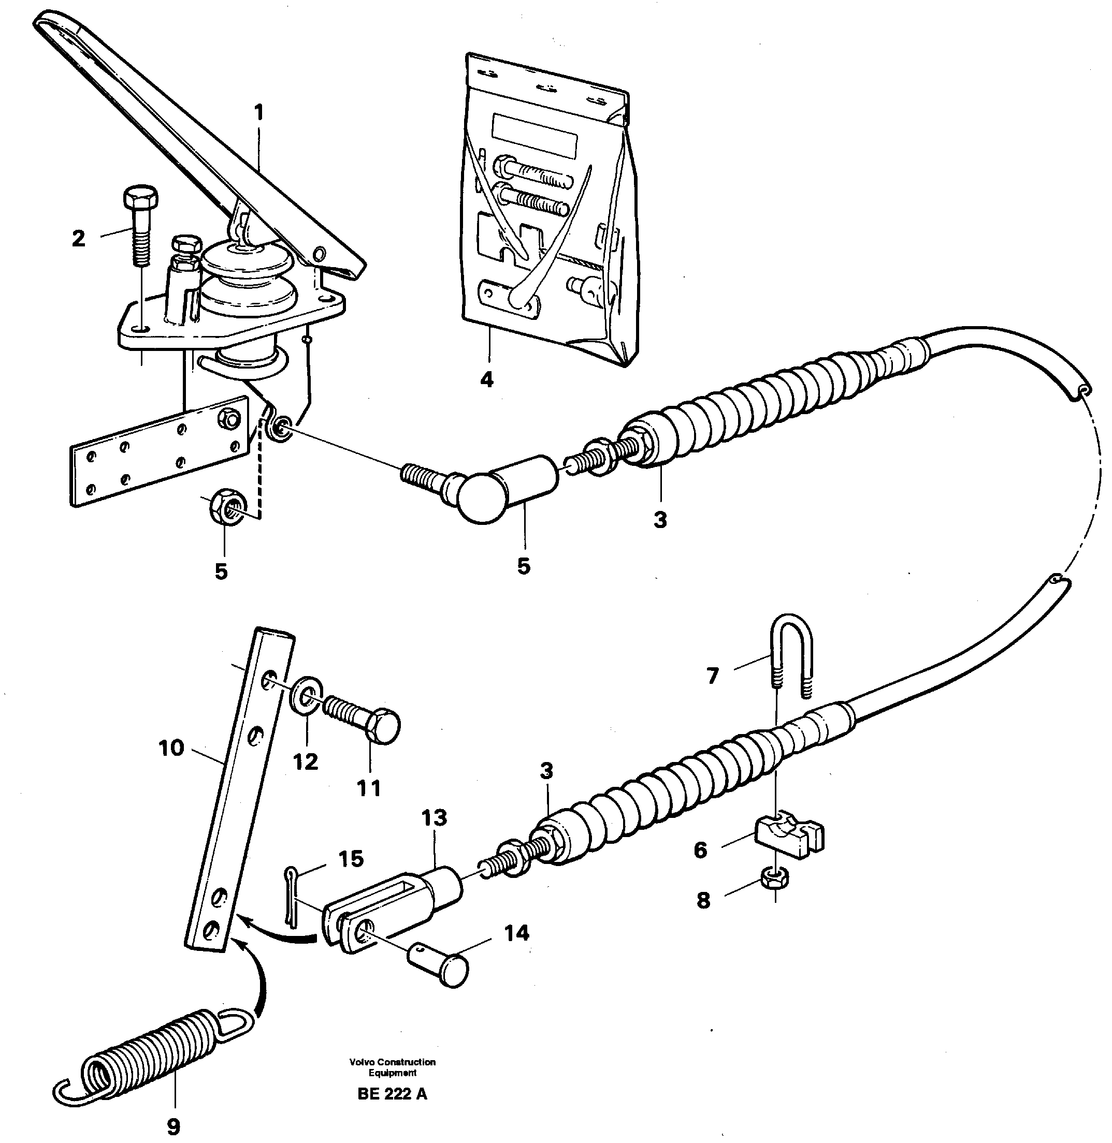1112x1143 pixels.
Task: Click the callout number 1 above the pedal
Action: [x=259, y=113]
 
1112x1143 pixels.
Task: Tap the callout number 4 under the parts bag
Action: [x=486, y=380]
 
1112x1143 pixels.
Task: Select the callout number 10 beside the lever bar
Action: [x=171, y=748]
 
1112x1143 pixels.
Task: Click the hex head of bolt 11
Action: [x=384, y=726]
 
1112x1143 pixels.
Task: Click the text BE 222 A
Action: [x=392, y=1094]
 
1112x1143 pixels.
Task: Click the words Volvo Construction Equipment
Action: [x=393, y=1066]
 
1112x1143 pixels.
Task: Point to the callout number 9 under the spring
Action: [x=174, y=1126]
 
